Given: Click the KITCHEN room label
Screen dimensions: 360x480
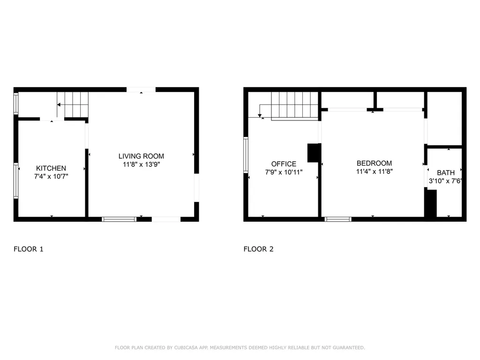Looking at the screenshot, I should point(51,168).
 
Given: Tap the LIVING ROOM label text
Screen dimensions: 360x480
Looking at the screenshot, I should point(141,156).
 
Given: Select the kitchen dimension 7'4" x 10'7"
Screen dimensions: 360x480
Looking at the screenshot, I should point(51,177).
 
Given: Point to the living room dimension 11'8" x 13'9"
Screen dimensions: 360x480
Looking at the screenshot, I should point(141,165).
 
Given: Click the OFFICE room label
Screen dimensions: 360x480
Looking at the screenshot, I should point(284,164).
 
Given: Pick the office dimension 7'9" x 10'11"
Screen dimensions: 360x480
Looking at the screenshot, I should point(284,172).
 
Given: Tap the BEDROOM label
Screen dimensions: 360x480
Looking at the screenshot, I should point(374,163).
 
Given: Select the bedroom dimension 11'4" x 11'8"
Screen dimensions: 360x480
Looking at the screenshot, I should point(374,172).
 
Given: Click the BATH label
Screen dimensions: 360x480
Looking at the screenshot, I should point(445,172).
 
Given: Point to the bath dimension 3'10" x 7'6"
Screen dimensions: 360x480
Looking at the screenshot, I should point(445,181).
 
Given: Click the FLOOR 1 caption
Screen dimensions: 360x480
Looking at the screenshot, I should point(29,249).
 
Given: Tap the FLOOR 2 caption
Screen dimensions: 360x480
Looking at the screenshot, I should point(258,249).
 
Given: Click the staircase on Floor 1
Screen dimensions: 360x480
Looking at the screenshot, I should point(73,104).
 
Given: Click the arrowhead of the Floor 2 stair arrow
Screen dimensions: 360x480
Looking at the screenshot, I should point(260,115).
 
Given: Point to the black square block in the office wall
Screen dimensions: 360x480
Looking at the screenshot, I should point(313,153).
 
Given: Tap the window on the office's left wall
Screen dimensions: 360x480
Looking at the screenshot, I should point(246,155).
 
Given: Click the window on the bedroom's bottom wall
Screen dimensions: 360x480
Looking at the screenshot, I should point(338,219).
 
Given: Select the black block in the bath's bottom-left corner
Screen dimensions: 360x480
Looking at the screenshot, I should point(430,203).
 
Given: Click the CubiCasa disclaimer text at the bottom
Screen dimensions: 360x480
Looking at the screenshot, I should point(240,347).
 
